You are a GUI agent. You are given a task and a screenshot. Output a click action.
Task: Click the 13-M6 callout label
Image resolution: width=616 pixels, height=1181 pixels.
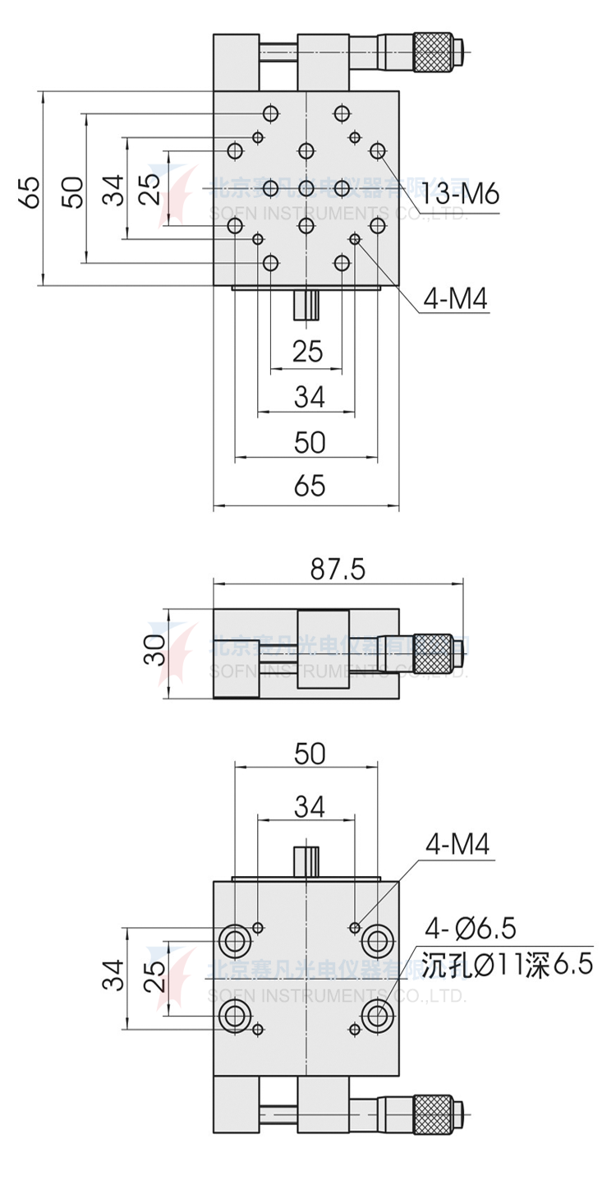pyautogui.click(x=461, y=194)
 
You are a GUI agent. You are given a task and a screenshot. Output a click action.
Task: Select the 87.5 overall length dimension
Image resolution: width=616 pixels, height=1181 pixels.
pyautogui.click(x=338, y=569)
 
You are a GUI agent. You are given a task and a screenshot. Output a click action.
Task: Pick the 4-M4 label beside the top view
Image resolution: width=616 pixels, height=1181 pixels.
pyautogui.click(x=456, y=300)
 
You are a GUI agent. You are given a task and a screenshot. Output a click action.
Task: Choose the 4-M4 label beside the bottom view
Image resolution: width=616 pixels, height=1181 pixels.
pyautogui.click(x=457, y=845)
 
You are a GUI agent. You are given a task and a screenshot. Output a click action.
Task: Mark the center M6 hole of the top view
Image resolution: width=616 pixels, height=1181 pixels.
pyautogui.click(x=306, y=187)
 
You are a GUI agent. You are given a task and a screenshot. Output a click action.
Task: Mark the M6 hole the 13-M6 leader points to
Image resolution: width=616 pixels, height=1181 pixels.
pyautogui.click(x=378, y=150)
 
